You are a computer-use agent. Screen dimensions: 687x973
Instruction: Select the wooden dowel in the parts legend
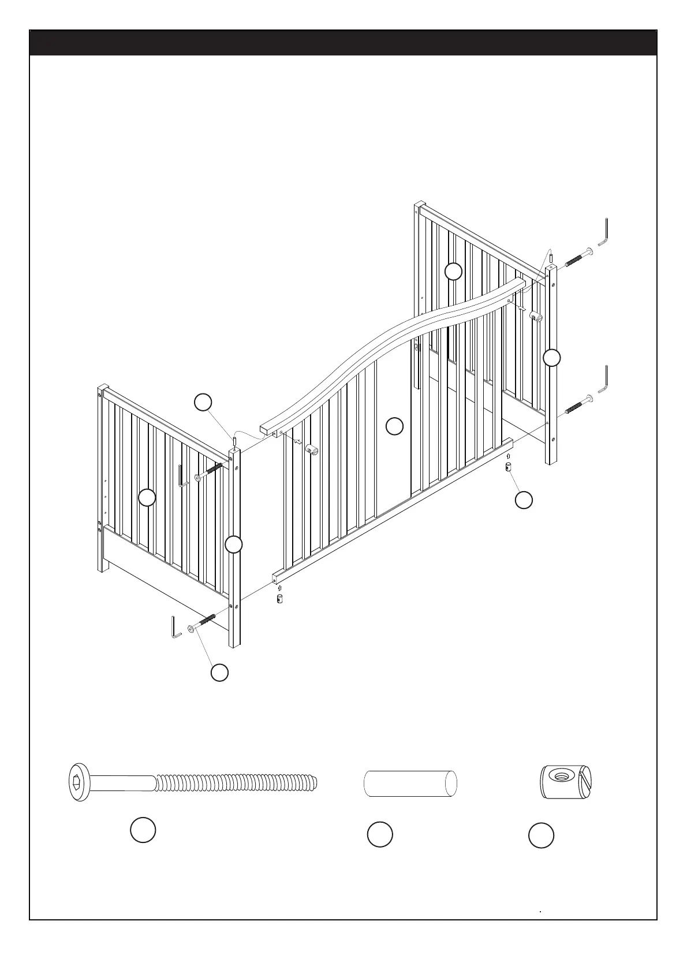[410, 783]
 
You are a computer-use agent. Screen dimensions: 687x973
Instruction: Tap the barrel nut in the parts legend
[569, 783]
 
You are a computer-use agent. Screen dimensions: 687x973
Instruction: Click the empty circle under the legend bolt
[143, 830]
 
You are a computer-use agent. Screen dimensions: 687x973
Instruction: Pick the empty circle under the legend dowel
[380, 835]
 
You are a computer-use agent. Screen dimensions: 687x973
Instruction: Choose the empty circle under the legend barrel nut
[541, 836]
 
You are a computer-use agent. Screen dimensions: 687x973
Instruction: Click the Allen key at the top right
[605, 232]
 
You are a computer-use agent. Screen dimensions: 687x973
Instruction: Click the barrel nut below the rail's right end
[509, 467]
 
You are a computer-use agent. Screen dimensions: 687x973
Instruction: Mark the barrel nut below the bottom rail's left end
[279, 598]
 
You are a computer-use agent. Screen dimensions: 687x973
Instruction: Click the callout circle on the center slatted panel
[394, 426]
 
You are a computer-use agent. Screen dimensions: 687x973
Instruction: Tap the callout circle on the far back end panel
[454, 271]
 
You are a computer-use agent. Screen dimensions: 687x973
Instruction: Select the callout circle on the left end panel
[147, 497]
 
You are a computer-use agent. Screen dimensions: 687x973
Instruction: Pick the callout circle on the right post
[552, 358]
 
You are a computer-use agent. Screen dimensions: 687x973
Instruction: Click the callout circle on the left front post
[233, 544]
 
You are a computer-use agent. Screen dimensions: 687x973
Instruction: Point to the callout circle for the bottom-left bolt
[219, 673]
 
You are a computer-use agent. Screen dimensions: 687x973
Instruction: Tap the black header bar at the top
[343, 43]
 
